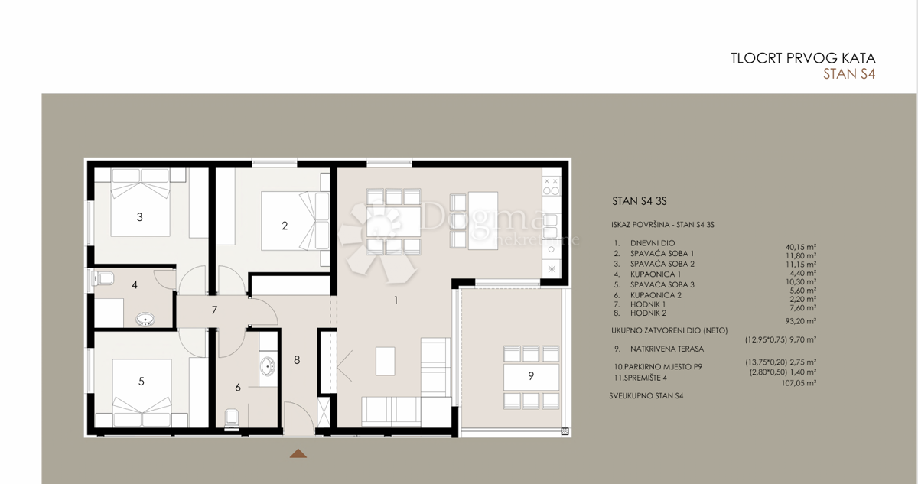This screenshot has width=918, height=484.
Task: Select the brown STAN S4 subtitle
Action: click(x=848, y=74)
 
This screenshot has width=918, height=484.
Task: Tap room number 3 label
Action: click(x=139, y=217)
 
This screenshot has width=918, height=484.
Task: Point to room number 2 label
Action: click(x=285, y=226)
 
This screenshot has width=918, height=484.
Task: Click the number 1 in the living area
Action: click(x=396, y=300)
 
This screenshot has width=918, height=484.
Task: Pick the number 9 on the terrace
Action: click(x=531, y=375)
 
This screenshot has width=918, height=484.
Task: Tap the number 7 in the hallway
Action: click(x=215, y=310)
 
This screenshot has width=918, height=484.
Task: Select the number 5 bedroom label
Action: click(x=142, y=381)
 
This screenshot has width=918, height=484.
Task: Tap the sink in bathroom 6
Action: click(x=268, y=366)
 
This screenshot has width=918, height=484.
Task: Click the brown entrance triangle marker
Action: click(x=298, y=453)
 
